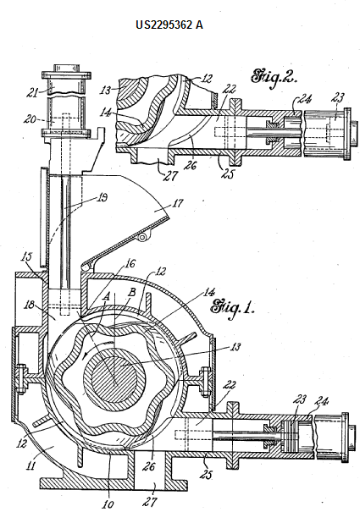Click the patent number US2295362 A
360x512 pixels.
pyautogui.click(x=169, y=25)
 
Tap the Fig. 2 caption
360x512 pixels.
pyautogui.click(x=274, y=77)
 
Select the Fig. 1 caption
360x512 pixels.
pyautogui.click(x=232, y=307)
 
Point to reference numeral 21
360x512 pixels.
pyautogui.click(x=31, y=92)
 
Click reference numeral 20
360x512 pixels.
pyautogui.click(x=29, y=119)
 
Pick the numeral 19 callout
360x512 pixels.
pyautogui.click(x=102, y=197)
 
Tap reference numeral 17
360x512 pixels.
pyautogui.click(x=177, y=204)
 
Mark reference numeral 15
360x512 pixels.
pyautogui.click(x=27, y=256)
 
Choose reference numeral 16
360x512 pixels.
pyautogui.click(x=130, y=263)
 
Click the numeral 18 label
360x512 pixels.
pyautogui.click(x=30, y=305)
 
